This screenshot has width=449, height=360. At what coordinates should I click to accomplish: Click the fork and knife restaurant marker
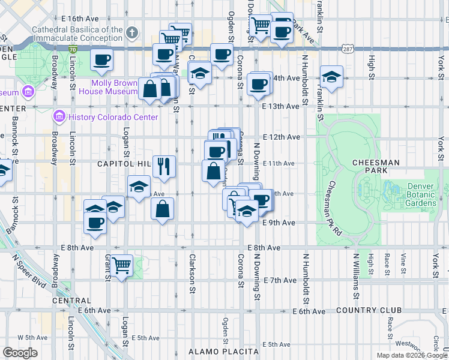[x=164, y=166]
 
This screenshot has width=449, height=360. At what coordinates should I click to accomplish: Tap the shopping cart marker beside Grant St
[x=122, y=265]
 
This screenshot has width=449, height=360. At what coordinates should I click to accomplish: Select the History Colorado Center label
[x=113, y=117]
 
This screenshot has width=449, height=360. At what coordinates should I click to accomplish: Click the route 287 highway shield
[x=348, y=47]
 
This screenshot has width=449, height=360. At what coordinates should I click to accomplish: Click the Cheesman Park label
[x=376, y=162]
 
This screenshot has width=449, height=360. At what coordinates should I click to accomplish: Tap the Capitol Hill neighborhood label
[x=123, y=164]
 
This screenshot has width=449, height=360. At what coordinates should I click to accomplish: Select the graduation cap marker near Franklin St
[x=331, y=77]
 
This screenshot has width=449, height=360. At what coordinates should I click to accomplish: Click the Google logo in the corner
[x=20, y=352]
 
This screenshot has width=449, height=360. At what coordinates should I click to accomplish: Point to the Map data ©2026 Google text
[x=411, y=355]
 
